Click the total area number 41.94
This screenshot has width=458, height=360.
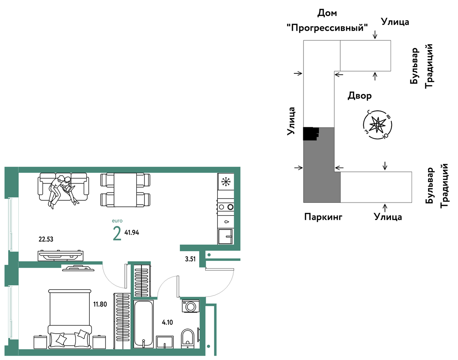click(x=132, y=233)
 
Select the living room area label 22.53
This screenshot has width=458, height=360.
click(x=46, y=239)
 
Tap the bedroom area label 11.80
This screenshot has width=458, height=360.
click(x=100, y=304)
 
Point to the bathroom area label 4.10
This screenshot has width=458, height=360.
click(x=167, y=322)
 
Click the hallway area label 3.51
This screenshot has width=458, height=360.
click(x=190, y=259)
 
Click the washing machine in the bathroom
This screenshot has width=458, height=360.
click(x=191, y=306)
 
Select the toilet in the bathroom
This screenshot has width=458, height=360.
click(x=187, y=339)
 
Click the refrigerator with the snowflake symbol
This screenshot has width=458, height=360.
click(x=226, y=182)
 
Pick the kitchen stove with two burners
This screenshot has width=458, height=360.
click(x=226, y=207)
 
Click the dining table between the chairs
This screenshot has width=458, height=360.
click(x=125, y=190)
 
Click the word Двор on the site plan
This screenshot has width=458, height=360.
click(x=359, y=96)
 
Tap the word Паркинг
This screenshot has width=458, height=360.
click(x=323, y=217)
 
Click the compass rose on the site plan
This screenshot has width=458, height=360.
click(x=378, y=125)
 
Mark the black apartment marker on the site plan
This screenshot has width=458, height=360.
click(x=311, y=134)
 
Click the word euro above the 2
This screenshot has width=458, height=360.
click(x=117, y=221)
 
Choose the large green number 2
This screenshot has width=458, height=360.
click(x=117, y=233)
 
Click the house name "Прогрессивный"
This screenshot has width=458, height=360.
click(x=327, y=28)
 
